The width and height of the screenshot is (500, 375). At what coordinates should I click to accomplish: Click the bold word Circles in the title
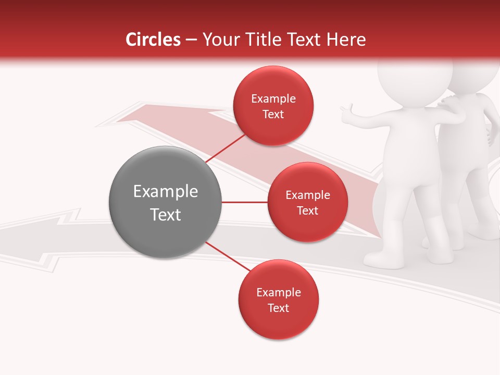153,40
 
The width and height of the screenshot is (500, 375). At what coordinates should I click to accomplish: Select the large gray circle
165,202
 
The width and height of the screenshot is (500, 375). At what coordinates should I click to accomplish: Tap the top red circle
273,106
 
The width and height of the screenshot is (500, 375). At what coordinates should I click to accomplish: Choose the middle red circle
307,202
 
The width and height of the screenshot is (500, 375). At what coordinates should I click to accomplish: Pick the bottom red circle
278,299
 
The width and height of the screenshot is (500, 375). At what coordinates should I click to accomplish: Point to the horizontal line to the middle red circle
244,202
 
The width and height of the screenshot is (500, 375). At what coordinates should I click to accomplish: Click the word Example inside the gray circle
165,191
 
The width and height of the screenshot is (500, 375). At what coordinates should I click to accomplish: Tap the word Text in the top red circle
273,114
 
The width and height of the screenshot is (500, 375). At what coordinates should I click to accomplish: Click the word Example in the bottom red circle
278,292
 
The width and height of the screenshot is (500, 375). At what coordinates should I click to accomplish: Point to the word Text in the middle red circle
307,210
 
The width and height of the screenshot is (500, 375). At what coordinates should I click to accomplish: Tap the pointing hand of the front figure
346,111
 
